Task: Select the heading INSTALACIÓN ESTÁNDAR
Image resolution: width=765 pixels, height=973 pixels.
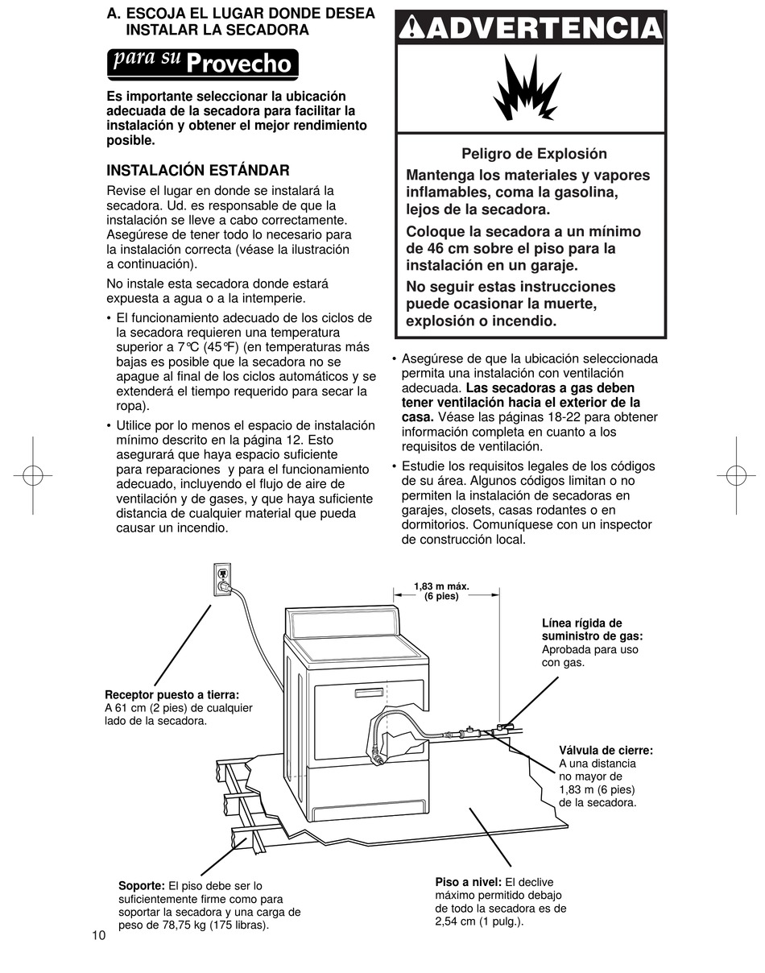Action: point(198,171)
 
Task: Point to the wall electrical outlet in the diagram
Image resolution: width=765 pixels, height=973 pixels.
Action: point(221,578)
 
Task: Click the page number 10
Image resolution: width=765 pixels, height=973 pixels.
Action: point(98,935)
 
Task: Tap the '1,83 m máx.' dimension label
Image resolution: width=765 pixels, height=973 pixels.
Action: point(441,586)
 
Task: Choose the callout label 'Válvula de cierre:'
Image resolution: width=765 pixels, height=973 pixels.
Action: point(606,751)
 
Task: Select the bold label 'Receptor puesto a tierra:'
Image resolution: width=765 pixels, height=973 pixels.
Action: point(172,694)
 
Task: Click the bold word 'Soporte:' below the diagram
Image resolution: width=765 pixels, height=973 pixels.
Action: point(142,886)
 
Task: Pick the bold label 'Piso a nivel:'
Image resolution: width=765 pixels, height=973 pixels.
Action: point(468,882)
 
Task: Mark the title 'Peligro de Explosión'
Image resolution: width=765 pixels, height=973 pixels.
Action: point(534,154)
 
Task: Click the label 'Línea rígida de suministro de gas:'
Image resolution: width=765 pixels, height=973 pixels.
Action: point(592,630)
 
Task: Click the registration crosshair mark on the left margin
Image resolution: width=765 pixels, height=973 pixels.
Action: point(32,475)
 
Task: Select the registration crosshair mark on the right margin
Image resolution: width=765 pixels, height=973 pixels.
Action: point(736,475)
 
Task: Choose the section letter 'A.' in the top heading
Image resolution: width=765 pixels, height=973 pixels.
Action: point(114,14)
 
